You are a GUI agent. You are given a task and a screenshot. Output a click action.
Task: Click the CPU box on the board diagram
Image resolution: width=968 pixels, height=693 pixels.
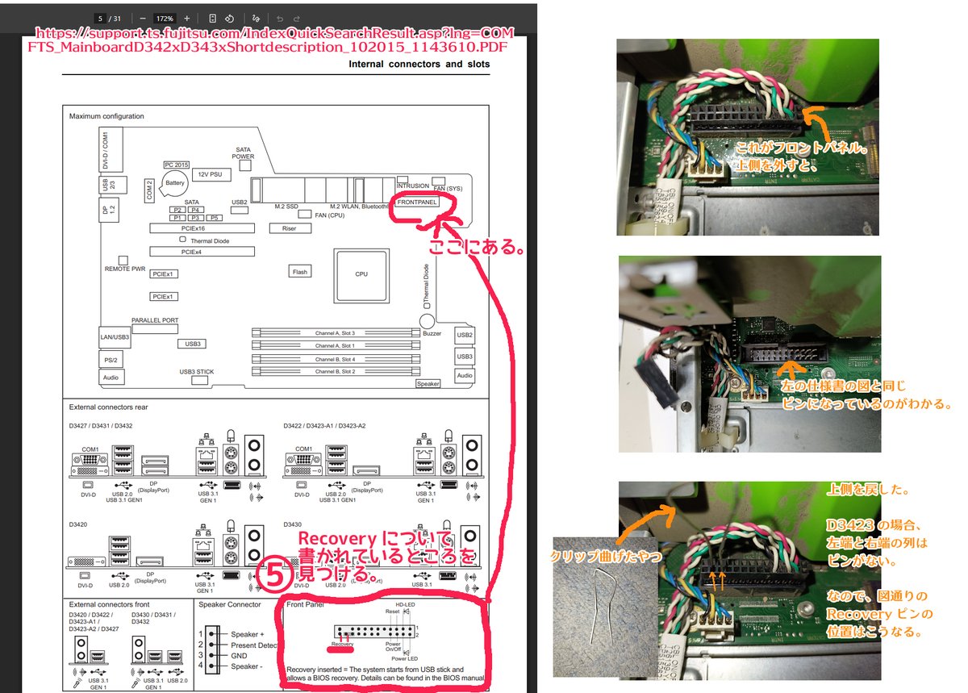(x=361, y=274)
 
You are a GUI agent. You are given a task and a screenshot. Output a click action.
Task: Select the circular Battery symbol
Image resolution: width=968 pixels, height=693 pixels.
(x=175, y=184)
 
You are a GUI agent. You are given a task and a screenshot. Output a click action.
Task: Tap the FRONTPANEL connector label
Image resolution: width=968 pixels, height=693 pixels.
(x=417, y=202)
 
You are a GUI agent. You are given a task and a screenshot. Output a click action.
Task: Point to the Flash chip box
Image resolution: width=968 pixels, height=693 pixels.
(x=300, y=272)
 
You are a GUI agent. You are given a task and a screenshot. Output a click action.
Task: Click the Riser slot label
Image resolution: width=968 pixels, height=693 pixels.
(x=290, y=228)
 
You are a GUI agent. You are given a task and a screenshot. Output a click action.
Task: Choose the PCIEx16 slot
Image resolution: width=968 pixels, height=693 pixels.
(x=201, y=229)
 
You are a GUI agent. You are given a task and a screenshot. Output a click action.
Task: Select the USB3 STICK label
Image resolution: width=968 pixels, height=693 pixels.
(x=197, y=372)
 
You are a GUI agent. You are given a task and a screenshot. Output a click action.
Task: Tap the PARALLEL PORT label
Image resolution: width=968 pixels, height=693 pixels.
(x=155, y=320)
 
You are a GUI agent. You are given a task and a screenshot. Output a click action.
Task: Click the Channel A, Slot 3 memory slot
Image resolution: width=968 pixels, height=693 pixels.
(x=336, y=332)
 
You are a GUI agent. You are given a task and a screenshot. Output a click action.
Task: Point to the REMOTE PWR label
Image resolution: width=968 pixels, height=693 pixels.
(x=125, y=269)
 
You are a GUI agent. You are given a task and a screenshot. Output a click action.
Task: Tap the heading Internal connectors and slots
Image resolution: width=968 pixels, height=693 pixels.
(x=419, y=65)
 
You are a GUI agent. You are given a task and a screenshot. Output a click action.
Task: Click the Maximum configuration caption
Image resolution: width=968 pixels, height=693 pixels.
(x=106, y=116)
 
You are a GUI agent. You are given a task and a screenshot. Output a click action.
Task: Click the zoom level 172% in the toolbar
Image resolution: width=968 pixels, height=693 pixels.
(x=165, y=18)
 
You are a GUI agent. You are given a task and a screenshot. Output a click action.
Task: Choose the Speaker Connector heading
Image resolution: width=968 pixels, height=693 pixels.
(x=230, y=604)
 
